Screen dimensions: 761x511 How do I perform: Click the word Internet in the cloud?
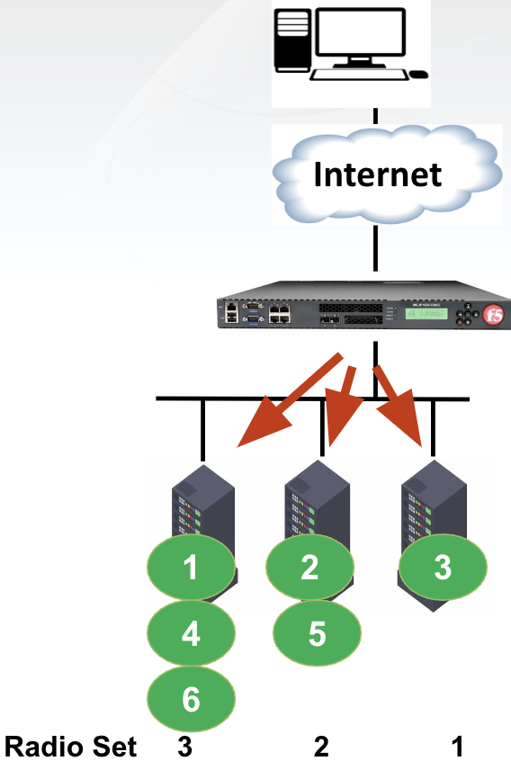pos(377,174)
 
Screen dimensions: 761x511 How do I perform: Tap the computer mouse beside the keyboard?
pos(418,74)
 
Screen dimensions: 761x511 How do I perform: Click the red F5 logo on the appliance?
pos(491,316)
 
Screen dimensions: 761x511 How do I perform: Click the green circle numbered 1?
pos(191,568)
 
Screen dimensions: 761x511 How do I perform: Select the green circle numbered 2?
pos(310,566)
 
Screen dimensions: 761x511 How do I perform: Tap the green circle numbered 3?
pos(443,568)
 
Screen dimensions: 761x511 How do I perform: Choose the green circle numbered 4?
pos(191,634)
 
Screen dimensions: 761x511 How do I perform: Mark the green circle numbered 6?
pos(191,699)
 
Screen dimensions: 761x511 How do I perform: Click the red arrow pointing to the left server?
pos(287,401)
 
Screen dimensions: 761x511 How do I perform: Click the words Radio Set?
pos(71,747)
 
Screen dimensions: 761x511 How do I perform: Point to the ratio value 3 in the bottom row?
pos(184,747)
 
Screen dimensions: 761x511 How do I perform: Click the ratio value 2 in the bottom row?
pos(321,747)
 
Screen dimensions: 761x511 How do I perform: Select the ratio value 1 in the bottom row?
pos(458,747)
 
